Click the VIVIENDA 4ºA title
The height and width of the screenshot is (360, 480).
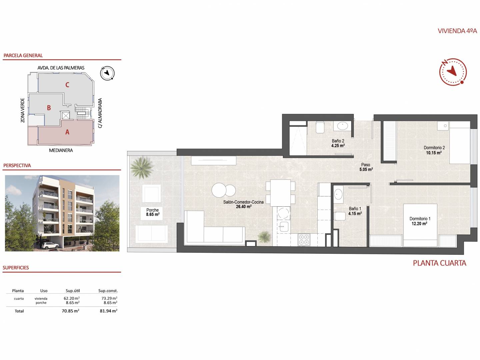(457, 31)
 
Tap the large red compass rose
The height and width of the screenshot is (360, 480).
(453, 72)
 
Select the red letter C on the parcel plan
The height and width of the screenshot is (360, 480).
(67, 85)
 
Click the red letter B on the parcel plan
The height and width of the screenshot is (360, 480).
(49, 108)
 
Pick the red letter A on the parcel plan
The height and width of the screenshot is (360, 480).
(67, 132)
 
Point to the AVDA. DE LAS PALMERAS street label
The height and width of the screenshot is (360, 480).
(61, 68)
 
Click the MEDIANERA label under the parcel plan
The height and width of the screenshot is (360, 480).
(61, 150)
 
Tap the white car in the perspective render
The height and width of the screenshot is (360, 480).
(50, 245)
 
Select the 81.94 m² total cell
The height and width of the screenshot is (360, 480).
(108, 311)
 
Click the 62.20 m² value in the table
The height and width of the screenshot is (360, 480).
(72, 298)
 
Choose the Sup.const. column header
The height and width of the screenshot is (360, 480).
(108, 291)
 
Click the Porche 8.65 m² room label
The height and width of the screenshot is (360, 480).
(153, 212)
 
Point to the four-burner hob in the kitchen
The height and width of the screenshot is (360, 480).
(304, 240)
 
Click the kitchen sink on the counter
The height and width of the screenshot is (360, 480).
(284, 226)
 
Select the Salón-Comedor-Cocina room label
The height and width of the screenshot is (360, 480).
(243, 204)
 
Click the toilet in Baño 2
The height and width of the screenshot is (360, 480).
(320, 127)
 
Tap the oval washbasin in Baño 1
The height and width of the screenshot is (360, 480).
(339, 194)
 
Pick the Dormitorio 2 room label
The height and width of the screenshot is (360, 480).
(434, 150)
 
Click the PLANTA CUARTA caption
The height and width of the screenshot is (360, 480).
(440, 263)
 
